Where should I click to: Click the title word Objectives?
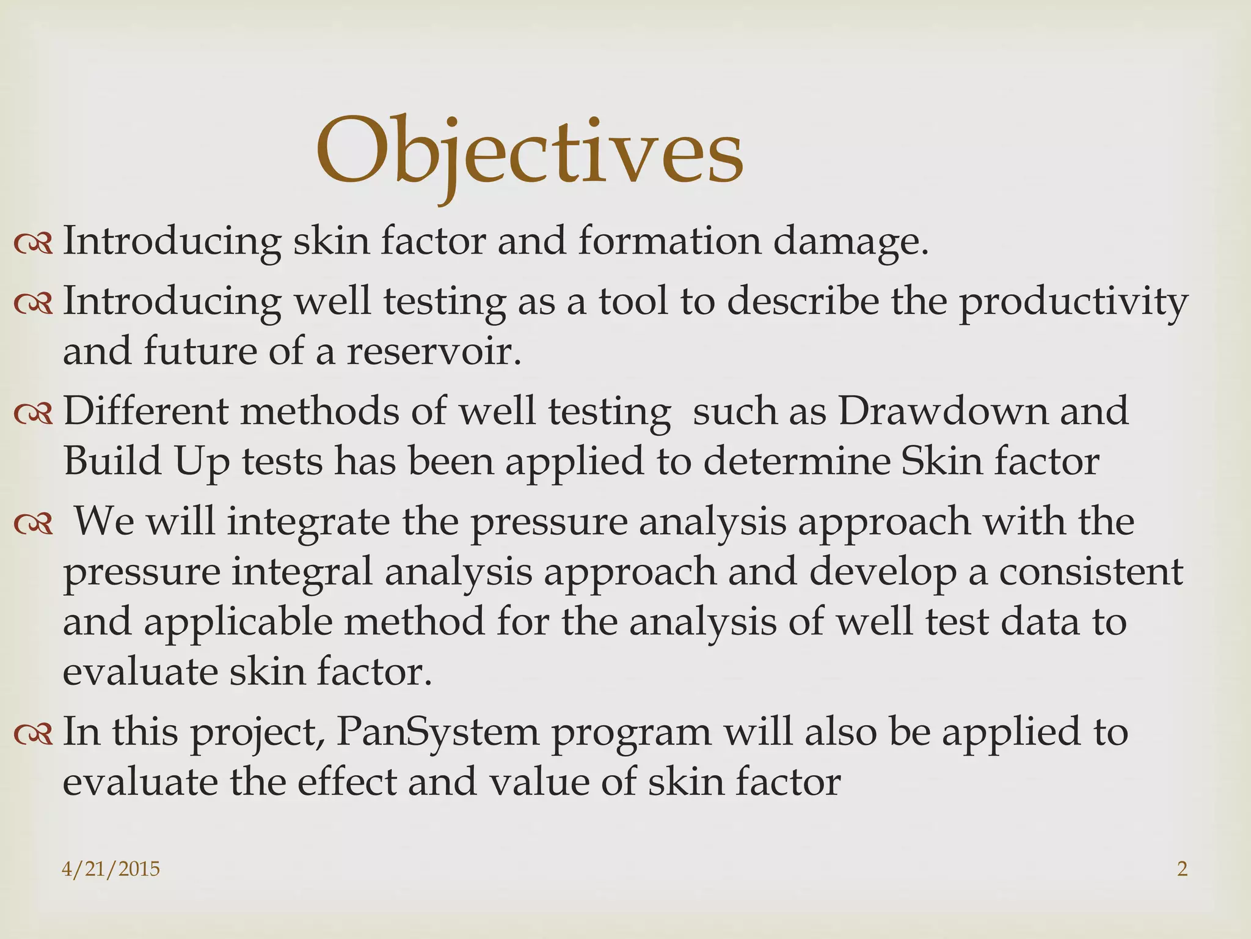click(x=529, y=152)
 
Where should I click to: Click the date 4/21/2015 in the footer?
click(x=111, y=869)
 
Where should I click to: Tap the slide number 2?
click(x=1182, y=869)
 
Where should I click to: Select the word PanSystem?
click(x=437, y=732)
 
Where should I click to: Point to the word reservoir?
click(x=434, y=352)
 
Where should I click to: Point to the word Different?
click(x=145, y=410)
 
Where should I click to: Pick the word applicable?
click(x=238, y=622)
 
